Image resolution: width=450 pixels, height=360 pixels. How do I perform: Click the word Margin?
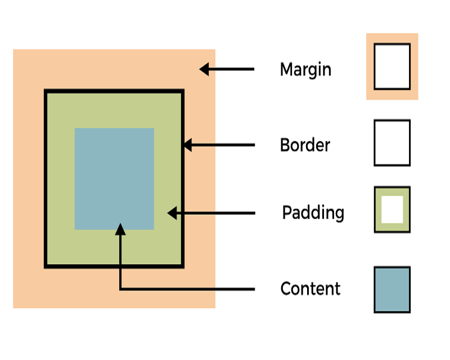(x=305, y=70)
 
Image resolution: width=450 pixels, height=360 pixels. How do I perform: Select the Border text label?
(x=305, y=145)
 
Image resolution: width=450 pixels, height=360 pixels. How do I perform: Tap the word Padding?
(x=313, y=213)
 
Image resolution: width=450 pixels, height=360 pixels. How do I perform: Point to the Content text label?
(x=310, y=289)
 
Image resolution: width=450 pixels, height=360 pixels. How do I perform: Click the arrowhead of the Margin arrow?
(x=205, y=70)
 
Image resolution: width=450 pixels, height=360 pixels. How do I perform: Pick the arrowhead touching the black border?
(x=187, y=145)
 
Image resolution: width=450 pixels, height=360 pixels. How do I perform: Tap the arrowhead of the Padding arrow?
(x=172, y=213)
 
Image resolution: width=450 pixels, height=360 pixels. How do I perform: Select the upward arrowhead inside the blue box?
(x=120, y=228)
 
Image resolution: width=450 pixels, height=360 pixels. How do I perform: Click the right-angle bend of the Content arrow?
(x=120, y=289)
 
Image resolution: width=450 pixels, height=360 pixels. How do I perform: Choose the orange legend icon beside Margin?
(x=392, y=66)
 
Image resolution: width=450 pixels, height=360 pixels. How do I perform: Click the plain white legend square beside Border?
(x=392, y=143)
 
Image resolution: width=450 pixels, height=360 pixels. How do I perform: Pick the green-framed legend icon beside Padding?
(x=392, y=210)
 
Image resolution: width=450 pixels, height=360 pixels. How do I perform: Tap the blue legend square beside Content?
(x=392, y=290)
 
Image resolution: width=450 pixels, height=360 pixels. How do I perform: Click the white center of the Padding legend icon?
(x=392, y=210)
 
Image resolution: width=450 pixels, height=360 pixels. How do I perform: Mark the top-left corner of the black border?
(x=46, y=91)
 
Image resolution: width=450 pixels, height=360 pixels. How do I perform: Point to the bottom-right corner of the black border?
(x=182, y=265)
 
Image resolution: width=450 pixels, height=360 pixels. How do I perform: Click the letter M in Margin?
(x=287, y=70)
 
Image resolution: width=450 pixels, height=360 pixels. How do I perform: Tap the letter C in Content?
(x=286, y=289)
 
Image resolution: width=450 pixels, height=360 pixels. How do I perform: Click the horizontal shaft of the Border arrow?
(x=225, y=145)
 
